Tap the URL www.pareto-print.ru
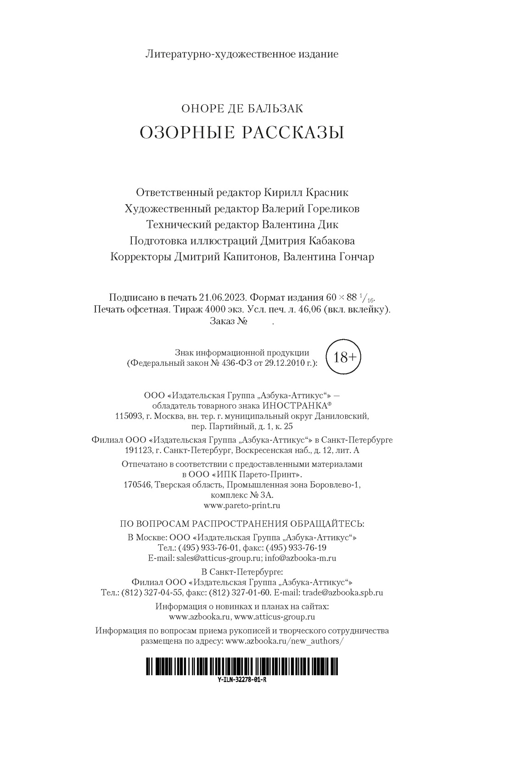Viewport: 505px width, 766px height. pos(242,505)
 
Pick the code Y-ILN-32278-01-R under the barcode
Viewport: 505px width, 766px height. pos(242,680)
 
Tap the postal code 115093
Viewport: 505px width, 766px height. pos(128,416)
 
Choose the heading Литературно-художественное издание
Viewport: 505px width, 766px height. pos(242,54)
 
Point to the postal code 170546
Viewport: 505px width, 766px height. pos(138,485)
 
